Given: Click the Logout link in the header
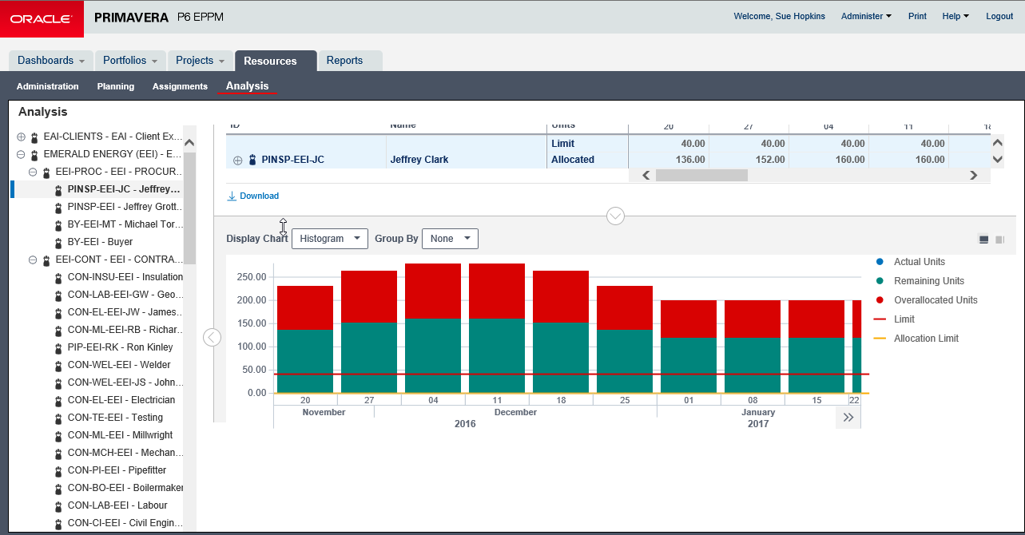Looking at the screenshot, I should point(999,16).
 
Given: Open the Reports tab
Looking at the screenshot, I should point(344,61).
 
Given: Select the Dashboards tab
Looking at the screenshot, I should point(51,61).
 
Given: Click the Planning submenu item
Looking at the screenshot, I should point(116,86).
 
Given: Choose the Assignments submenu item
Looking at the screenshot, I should point(180,86).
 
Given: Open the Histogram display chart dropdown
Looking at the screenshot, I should point(329,239).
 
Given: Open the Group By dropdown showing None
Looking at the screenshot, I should point(450,239).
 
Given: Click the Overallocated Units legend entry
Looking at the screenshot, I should point(936,300).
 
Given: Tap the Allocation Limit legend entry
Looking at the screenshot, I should point(926,339).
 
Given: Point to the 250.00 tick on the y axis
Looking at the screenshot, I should point(251,277).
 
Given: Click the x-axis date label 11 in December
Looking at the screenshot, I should point(497,400).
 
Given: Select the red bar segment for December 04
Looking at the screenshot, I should point(433,291).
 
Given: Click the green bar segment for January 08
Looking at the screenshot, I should point(753,365).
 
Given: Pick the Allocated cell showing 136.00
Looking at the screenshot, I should point(669,160).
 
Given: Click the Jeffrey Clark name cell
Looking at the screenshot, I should point(419,160).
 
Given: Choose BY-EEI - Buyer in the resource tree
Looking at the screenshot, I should point(100,242).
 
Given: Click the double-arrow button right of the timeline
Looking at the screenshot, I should point(848,417).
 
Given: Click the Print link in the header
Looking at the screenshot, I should point(917,16).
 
